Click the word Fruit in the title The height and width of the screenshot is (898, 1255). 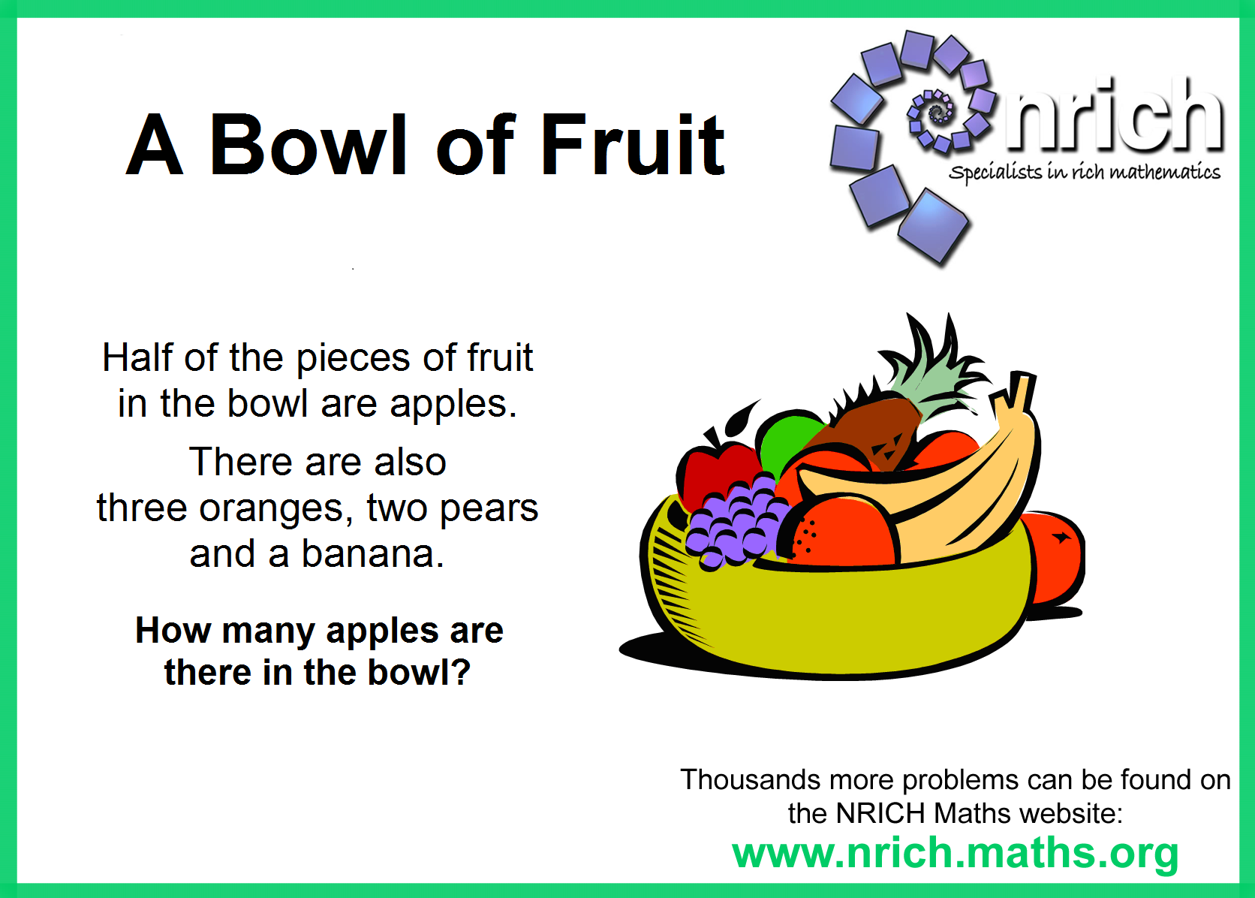pyautogui.click(x=633, y=145)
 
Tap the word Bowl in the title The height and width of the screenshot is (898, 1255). pyautogui.click(x=308, y=145)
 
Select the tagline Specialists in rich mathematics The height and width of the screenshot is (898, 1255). pyautogui.click(x=1085, y=172)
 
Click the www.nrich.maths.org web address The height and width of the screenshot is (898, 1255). pyautogui.click(x=956, y=854)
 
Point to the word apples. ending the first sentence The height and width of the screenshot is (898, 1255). pyautogui.click(x=453, y=405)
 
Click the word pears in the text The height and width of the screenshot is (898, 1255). pyautogui.click(x=489, y=509)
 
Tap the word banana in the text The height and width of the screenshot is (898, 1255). pyautogui.click(x=372, y=554)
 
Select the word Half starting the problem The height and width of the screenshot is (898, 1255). pyautogui.click(x=137, y=357)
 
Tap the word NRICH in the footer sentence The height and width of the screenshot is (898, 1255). pyautogui.click(x=880, y=814)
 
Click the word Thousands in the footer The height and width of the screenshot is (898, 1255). pyautogui.click(x=750, y=779)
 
